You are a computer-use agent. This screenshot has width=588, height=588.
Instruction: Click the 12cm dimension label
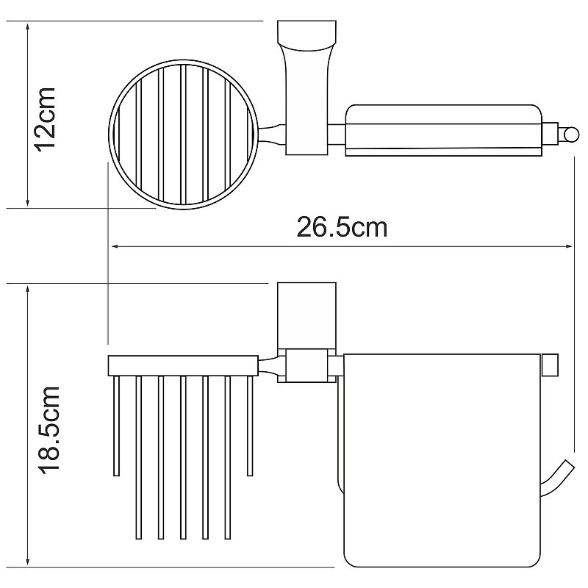point(46,119)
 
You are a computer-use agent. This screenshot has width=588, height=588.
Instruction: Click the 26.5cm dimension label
point(342,227)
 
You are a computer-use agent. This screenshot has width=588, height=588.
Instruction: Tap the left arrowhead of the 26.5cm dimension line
point(116,246)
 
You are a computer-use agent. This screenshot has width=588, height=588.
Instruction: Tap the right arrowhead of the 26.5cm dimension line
point(568,246)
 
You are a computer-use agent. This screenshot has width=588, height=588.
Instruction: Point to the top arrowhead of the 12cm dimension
point(27,27)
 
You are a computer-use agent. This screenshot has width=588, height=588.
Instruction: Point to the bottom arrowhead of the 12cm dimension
point(27,202)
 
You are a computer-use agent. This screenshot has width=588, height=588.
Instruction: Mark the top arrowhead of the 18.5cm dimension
point(27,290)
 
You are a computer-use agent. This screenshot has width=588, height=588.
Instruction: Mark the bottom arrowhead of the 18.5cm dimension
point(27,562)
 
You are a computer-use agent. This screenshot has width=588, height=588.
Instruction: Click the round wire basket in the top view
point(184,61)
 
